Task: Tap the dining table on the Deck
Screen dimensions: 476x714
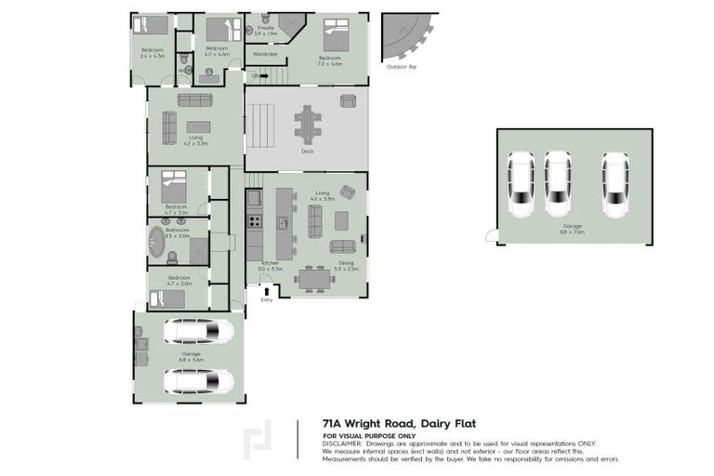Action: coord(307,122)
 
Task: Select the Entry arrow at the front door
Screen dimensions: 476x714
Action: coord(267,291)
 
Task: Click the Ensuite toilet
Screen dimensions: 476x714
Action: coord(265,20)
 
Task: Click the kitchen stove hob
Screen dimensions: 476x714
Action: coord(253,222)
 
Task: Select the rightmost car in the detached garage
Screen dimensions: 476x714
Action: coord(615,183)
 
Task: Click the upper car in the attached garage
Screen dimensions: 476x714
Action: coord(199,331)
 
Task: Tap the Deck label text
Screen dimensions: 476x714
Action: coord(307,151)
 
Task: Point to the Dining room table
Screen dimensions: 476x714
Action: coord(316,278)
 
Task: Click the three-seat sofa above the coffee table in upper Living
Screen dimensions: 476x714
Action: coord(195,99)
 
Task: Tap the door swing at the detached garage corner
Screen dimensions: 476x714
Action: coord(491,236)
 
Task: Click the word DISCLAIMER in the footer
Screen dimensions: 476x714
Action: coord(344,443)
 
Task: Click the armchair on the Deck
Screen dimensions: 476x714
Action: coord(347,192)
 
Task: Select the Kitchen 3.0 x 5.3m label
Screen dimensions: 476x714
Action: coord(270,266)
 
